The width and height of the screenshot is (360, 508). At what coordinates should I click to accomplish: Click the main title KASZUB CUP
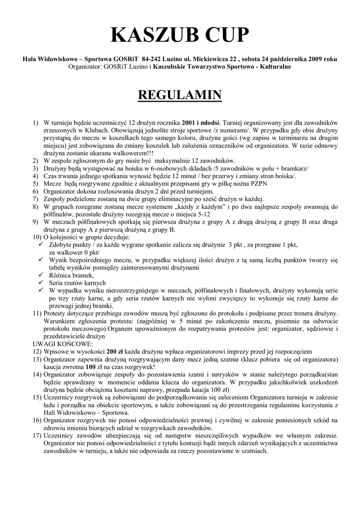tap(180, 35)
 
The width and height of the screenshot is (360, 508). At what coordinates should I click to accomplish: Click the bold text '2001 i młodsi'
tap(201, 122)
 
